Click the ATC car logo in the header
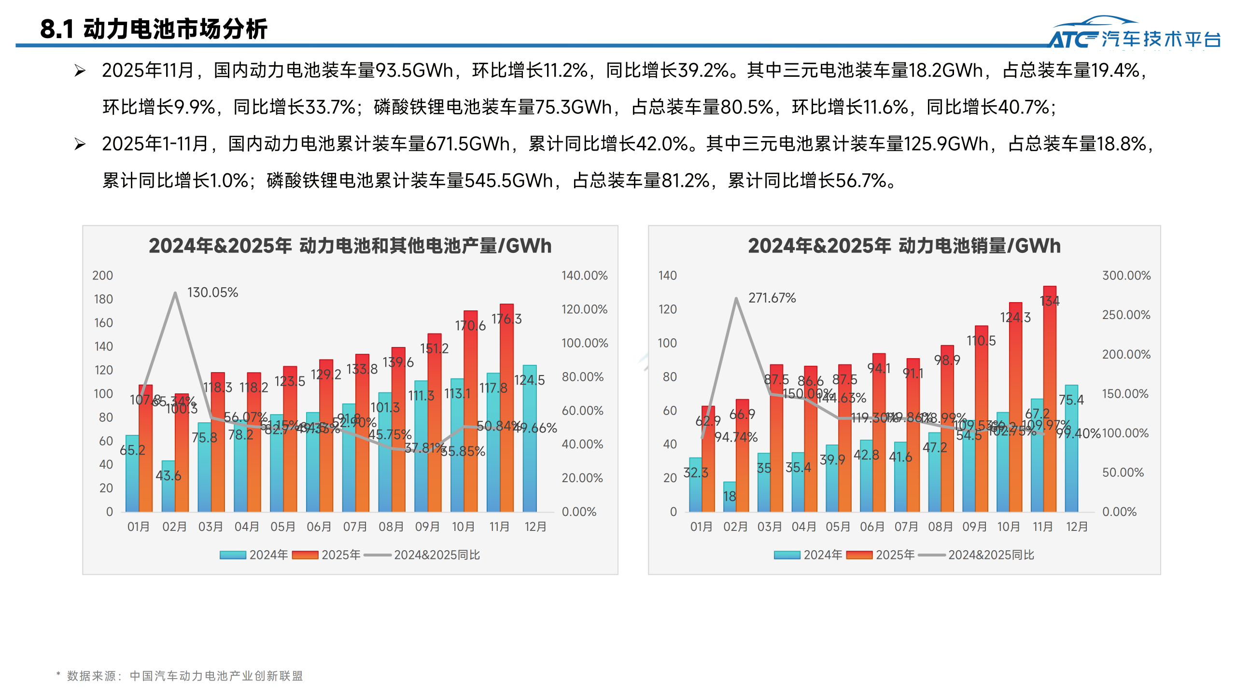[1135, 33]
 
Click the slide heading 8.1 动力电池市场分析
[154, 29]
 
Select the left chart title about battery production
[350, 246]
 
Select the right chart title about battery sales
[904, 246]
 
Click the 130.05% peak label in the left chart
[212, 292]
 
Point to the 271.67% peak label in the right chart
[772, 298]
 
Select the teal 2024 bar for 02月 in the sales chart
[729, 497]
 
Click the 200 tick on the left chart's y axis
[102, 276]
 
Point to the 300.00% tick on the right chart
[1126, 276]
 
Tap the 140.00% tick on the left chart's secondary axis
[584, 276]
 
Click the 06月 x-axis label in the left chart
[319, 527]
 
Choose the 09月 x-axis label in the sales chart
[974, 527]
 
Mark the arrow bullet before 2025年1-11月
[80, 144]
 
